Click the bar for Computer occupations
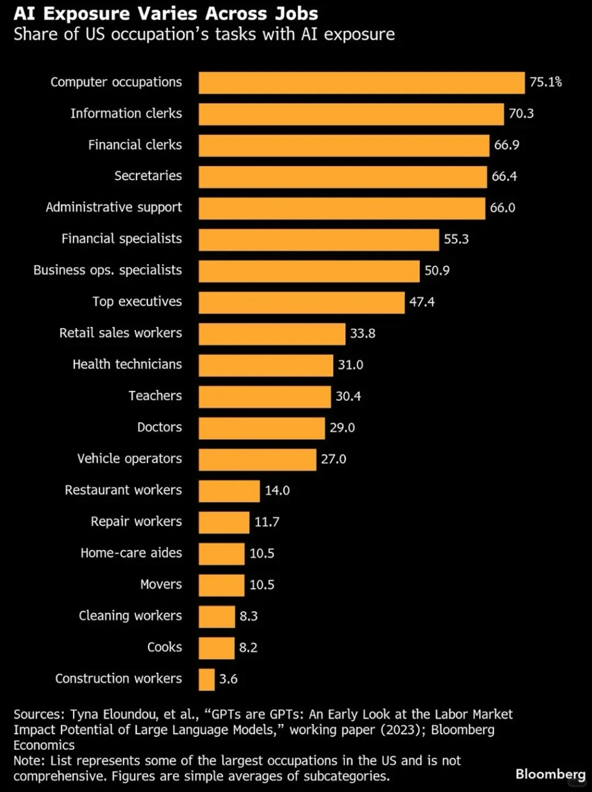pos(361,83)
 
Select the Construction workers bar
pos(207,680)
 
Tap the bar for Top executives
pos(301,303)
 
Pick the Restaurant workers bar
pos(229,491)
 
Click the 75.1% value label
pos(545,82)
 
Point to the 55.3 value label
pos(456,239)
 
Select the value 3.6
pos(229,679)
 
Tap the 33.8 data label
pos(362,333)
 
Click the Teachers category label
pos(156,396)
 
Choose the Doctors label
pos(160,427)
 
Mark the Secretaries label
pos(148,176)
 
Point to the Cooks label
pos(164,647)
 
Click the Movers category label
pos(161,584)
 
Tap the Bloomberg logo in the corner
pos(550,774)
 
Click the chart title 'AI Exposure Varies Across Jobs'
pos(166,14)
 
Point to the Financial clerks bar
pos(344,145)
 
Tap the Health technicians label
pos(127,364)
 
